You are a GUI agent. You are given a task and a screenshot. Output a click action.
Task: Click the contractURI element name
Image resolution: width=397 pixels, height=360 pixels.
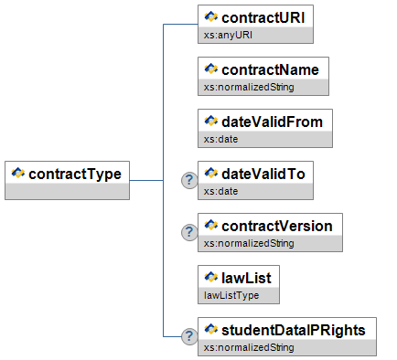263,17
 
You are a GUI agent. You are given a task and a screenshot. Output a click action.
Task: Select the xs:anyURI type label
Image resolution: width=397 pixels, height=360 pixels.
228,35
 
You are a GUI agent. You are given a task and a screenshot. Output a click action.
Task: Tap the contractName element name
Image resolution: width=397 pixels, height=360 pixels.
270,69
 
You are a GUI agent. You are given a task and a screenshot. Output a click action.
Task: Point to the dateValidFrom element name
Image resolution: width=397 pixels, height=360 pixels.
272,122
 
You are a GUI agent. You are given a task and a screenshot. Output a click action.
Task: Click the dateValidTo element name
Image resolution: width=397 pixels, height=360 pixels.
263,174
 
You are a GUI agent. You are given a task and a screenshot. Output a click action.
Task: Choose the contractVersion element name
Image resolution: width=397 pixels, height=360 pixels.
277,226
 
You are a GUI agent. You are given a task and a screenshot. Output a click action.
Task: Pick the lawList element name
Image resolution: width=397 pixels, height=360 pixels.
246,278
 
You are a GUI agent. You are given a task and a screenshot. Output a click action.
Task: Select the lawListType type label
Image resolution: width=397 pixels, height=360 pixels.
231,295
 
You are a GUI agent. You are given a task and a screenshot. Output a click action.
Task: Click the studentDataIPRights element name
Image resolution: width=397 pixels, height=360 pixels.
294,330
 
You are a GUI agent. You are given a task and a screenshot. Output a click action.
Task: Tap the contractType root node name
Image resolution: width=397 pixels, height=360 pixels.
75,175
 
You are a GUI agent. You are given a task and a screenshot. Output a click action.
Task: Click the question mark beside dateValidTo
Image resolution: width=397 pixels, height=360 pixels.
189,180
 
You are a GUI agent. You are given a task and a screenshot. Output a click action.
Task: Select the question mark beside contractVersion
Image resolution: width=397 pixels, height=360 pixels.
189,232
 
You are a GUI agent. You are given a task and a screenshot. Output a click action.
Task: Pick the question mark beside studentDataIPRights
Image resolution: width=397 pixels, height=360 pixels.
189,336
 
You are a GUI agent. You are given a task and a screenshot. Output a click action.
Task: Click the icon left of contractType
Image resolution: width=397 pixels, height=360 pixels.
18,173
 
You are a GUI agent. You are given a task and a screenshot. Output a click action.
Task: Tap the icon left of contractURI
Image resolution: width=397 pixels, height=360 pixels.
211,16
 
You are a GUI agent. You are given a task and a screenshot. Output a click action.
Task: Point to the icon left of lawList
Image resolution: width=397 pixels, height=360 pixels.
211,277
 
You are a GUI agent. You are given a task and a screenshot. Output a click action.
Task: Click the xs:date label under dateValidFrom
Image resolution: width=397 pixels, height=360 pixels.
220,139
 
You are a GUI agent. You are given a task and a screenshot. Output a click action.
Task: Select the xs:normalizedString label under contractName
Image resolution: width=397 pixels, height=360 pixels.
249,87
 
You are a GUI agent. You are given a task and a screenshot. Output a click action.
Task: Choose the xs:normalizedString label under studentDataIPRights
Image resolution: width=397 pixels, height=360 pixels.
249,347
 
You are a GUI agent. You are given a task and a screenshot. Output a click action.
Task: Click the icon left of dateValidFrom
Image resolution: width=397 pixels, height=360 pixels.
211,121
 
